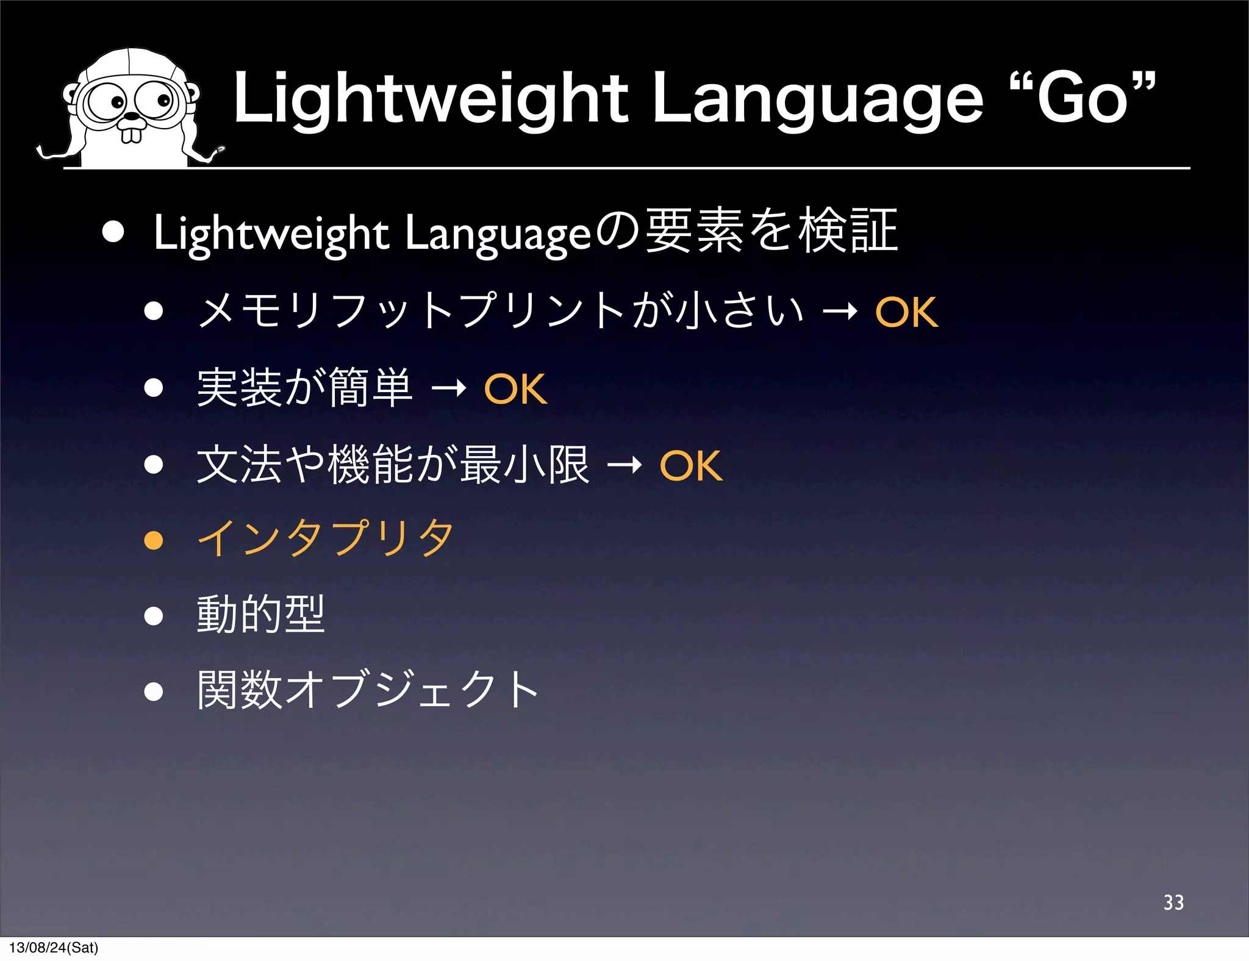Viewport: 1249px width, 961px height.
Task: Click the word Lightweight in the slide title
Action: click(431, 99)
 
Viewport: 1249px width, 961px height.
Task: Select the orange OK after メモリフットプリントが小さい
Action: click(906, 312)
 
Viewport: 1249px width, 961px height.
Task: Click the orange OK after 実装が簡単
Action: click(515, 389)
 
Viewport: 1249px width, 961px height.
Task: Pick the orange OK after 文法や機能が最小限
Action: click(691, 466)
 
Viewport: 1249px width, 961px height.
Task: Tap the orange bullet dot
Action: click(154, 540)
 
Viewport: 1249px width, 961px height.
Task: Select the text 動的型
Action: click(260, 615)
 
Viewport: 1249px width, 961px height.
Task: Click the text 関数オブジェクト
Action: click(368, 690)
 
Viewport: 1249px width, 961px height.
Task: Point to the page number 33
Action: click(1173, 902)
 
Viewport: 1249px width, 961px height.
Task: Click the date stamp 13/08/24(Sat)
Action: click(54, 948)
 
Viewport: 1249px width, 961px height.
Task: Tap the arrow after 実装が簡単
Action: click(449, 388)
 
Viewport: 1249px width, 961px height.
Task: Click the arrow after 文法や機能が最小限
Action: click(624, 465)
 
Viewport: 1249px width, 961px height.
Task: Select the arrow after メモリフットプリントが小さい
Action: click(840, 312)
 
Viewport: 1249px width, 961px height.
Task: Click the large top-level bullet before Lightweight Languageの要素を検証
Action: click(113, 232)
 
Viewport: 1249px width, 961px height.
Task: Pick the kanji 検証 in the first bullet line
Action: click(848, 230)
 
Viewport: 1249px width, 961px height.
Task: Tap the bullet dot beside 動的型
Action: click(154, 616)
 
